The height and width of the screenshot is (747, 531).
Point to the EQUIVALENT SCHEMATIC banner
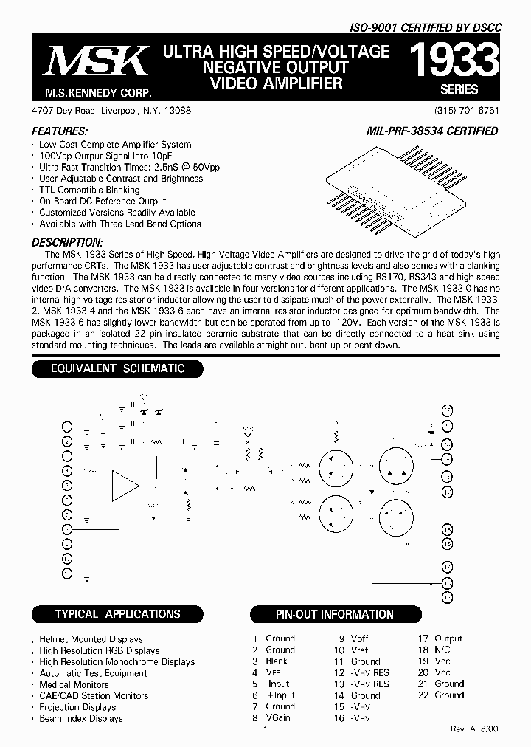coord(117,368)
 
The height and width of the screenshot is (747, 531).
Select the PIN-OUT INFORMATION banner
coord(335,614)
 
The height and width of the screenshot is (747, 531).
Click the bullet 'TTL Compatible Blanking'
coord(89,190)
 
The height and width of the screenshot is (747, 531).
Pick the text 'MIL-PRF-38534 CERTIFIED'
coord(432,131)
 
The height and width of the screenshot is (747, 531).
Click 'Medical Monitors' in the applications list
coord(74,684)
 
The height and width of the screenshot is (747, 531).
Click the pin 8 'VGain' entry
coord(271,717)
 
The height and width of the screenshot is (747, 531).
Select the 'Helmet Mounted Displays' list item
coord(91,639)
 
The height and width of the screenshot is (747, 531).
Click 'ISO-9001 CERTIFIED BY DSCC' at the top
coord(426,27)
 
